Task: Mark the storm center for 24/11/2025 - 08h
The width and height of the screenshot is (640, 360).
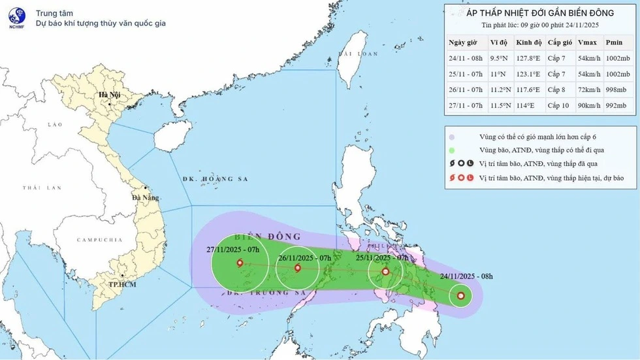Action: point(462,297)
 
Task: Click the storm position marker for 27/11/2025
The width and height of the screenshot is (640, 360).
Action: point(239,263)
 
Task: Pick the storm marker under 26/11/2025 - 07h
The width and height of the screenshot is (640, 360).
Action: point(298,268)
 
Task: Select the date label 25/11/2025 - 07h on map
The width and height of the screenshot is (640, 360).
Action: point(381,258)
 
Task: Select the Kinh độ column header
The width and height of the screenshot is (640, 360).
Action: point(529,42)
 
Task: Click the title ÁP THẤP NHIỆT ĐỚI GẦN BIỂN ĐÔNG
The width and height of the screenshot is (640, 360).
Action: point(540,12)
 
